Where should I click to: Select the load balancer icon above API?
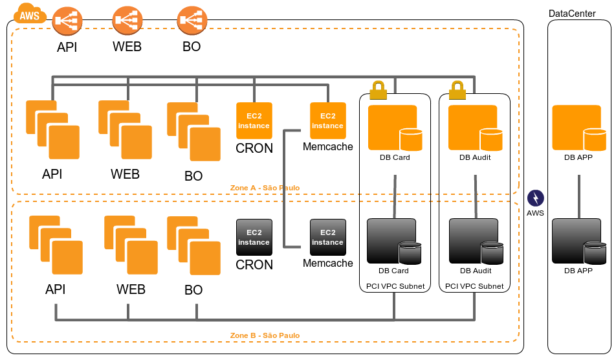coord(67,21)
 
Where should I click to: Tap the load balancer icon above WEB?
coord(127,21)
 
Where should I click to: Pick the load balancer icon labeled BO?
coord(192,21)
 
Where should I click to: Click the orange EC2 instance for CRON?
coord(254,120)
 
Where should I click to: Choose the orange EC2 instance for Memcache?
coord(328,120)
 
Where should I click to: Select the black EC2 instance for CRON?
coord(254,237)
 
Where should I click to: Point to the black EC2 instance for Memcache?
coord(328,237)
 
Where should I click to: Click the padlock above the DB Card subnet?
coord(378,90)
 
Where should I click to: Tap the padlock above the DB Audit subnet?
coord(457,90)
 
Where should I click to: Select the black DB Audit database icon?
coord(476,241)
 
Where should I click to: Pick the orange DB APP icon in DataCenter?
coord(578,128)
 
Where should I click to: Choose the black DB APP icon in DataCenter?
coord(578,241)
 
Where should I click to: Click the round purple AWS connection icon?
coord(536,198)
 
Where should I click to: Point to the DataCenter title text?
coord(572,14)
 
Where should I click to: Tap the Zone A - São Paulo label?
coord(265,188)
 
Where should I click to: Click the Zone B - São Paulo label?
coord(265,335)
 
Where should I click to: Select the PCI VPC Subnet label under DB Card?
coord(395,286)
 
